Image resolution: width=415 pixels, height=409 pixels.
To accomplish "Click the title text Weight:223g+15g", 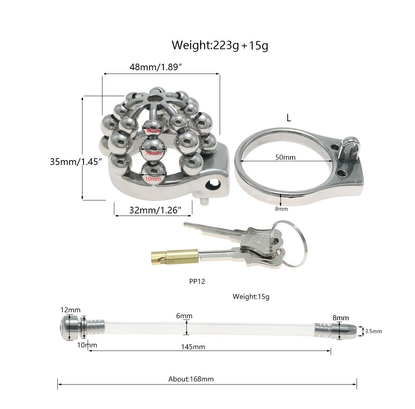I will point(220,45).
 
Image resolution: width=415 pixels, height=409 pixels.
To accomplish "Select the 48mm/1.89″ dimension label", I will point(156,67).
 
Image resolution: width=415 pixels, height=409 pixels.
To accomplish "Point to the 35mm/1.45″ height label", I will point(76,162).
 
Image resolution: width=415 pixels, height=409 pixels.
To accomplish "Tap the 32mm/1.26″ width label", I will point(155,210).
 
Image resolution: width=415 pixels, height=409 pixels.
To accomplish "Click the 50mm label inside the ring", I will point(285,157).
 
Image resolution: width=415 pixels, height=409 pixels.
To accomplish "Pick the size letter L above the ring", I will point(289,118).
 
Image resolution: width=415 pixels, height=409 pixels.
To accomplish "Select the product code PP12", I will point(197,281).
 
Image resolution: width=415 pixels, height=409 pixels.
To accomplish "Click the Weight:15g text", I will point(251,296).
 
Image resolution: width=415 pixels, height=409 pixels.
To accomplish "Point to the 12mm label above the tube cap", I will point(71,310).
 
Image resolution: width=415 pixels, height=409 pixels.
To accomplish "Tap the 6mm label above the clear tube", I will point(184,316).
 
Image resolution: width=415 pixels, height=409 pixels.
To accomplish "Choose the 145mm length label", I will point(193,347).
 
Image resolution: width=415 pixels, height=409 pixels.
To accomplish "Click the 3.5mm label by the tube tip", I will point(373,331).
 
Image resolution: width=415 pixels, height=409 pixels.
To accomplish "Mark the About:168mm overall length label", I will point(191,379).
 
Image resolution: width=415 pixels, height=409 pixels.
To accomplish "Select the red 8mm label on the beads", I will point(153,131).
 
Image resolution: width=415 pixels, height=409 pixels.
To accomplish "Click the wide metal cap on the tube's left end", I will point(69,327).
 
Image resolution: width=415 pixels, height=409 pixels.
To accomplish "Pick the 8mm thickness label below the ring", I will point(281,209).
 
